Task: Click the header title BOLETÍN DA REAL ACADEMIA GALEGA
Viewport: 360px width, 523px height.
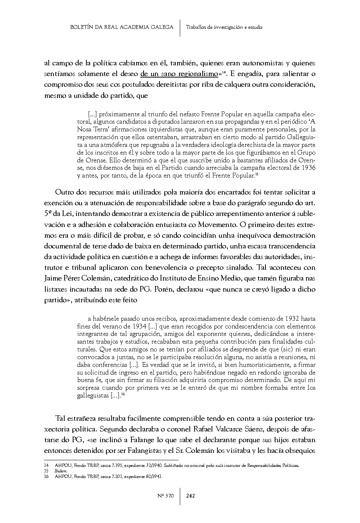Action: pyautogui.click(x=122, y=27)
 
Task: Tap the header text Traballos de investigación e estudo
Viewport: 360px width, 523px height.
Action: pyautogui.click(x=224, y=27)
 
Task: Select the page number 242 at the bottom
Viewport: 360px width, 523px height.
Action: pyautogui.click(x=191, y=495)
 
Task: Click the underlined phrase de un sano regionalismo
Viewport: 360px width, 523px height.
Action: pyautogui.click(x=179, y=74)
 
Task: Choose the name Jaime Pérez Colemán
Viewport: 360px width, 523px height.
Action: pyautogui.click(x=75, y=278)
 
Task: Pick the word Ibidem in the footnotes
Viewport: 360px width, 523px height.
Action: pyautogui.click(x=61, y=471)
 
